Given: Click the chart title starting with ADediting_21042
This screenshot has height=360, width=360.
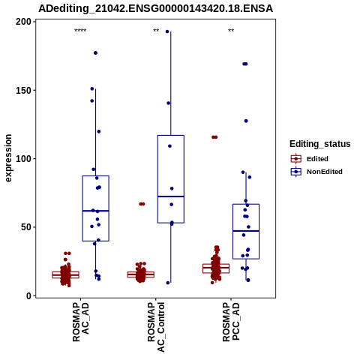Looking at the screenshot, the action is (x=155, y=9).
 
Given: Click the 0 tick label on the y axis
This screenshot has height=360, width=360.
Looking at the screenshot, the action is (x=29, y=295).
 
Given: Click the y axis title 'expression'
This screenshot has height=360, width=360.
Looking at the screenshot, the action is (x=8, y=158).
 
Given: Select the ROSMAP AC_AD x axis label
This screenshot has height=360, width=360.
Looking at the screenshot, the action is (x=80, y=322).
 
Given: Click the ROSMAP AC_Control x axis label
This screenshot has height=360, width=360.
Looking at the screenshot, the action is (x=156, y=327).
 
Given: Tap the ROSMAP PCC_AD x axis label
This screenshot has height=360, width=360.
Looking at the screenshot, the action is (x=231, y=322).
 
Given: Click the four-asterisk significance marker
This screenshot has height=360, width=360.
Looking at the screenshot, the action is (x=80, y=31).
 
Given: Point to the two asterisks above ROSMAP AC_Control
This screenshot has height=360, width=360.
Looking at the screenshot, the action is (x=156, y=31).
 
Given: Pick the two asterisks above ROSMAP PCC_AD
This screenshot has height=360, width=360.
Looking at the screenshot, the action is (x=231, y=31).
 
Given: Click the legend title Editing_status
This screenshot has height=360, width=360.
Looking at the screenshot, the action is (x=320, y=144).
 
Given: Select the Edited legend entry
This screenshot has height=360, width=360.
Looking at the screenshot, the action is (x=310, y=159).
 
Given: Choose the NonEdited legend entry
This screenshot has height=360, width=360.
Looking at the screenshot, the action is (x=316, y=172).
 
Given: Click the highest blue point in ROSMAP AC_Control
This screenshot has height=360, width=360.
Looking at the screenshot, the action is (x=167, y=31).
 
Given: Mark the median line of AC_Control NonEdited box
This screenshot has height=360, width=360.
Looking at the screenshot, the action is (x=171, y=196).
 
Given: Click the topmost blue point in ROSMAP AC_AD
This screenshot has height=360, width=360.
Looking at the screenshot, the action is (x=95, y=53).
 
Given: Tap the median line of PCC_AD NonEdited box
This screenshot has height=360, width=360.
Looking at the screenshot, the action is (x=246, y=231).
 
